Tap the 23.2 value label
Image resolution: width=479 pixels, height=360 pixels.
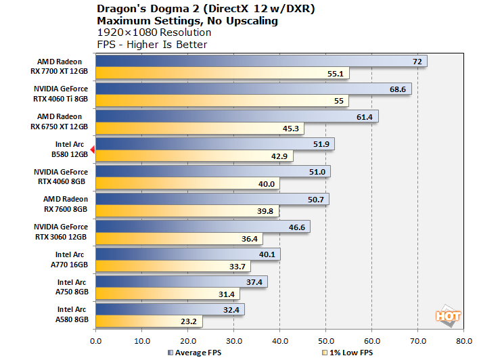click(x=189, y=321)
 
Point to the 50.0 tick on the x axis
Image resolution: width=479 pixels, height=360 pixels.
click(x=326, y=341)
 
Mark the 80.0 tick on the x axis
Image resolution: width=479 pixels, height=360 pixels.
click(x=464, y=341)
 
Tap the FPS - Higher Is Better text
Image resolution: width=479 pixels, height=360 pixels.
click(x=152, y=45)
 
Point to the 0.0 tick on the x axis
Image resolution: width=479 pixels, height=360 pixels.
click(x=95, y=341)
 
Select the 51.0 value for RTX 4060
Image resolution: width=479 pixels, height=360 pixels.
click(x=317, y=172)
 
